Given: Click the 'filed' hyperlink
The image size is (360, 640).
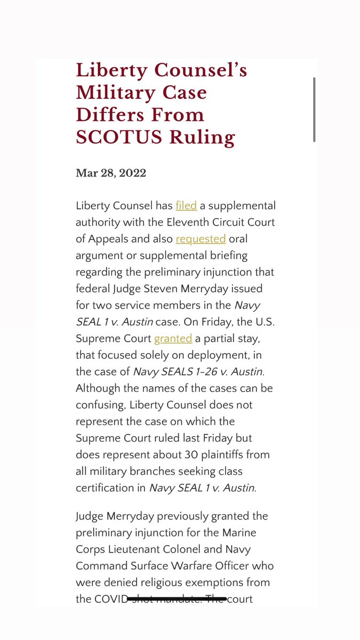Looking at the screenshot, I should pos(186,205).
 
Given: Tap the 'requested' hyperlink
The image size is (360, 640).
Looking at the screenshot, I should pos(201,238).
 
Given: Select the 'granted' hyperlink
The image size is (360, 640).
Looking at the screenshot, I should pos(173,338).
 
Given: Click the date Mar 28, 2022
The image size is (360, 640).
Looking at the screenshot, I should pos(111,173).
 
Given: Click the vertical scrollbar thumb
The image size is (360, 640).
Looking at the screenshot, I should pos(314,109).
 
